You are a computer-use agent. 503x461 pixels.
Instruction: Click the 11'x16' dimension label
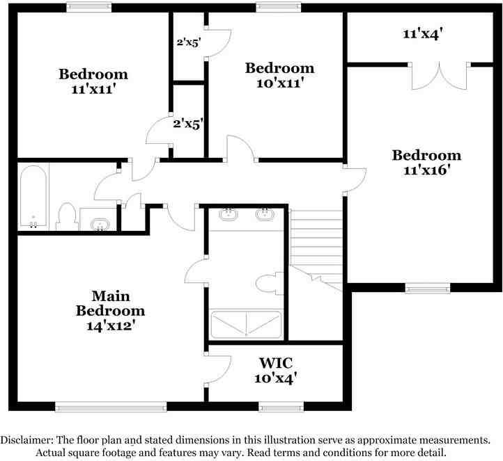click(425, 170)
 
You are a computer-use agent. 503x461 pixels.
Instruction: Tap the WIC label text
click(276, 363)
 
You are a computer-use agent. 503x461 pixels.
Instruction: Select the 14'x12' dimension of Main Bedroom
click(110, 326)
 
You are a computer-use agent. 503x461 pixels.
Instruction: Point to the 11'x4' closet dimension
click(423, 33)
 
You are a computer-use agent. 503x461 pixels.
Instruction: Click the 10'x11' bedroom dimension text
click(280, 83)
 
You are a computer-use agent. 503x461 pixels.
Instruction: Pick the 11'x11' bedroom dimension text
click(93, 89)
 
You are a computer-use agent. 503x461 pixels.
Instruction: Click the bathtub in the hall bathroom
click(33, 196)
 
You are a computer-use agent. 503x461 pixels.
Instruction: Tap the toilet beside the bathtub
click(67, 216)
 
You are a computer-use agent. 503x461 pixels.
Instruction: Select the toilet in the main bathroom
click(270, 283)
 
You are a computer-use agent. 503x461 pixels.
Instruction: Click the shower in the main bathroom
click(246, 324)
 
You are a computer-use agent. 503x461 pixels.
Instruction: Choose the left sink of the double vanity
click(229, 214)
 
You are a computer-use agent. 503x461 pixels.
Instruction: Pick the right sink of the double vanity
click(265, 214)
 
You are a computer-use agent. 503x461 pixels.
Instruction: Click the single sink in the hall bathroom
click(100, 225)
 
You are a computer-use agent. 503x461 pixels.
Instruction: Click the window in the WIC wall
click(281, 407)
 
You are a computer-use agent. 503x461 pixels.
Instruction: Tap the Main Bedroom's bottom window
click(111, 407)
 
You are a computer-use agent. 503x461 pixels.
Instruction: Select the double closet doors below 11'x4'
click(439, 76)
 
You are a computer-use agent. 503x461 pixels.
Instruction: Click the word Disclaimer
click(27, 440)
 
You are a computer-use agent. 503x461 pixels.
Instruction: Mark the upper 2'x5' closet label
click(189, 42)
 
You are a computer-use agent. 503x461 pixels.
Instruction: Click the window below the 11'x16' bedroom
click(428, 289)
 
